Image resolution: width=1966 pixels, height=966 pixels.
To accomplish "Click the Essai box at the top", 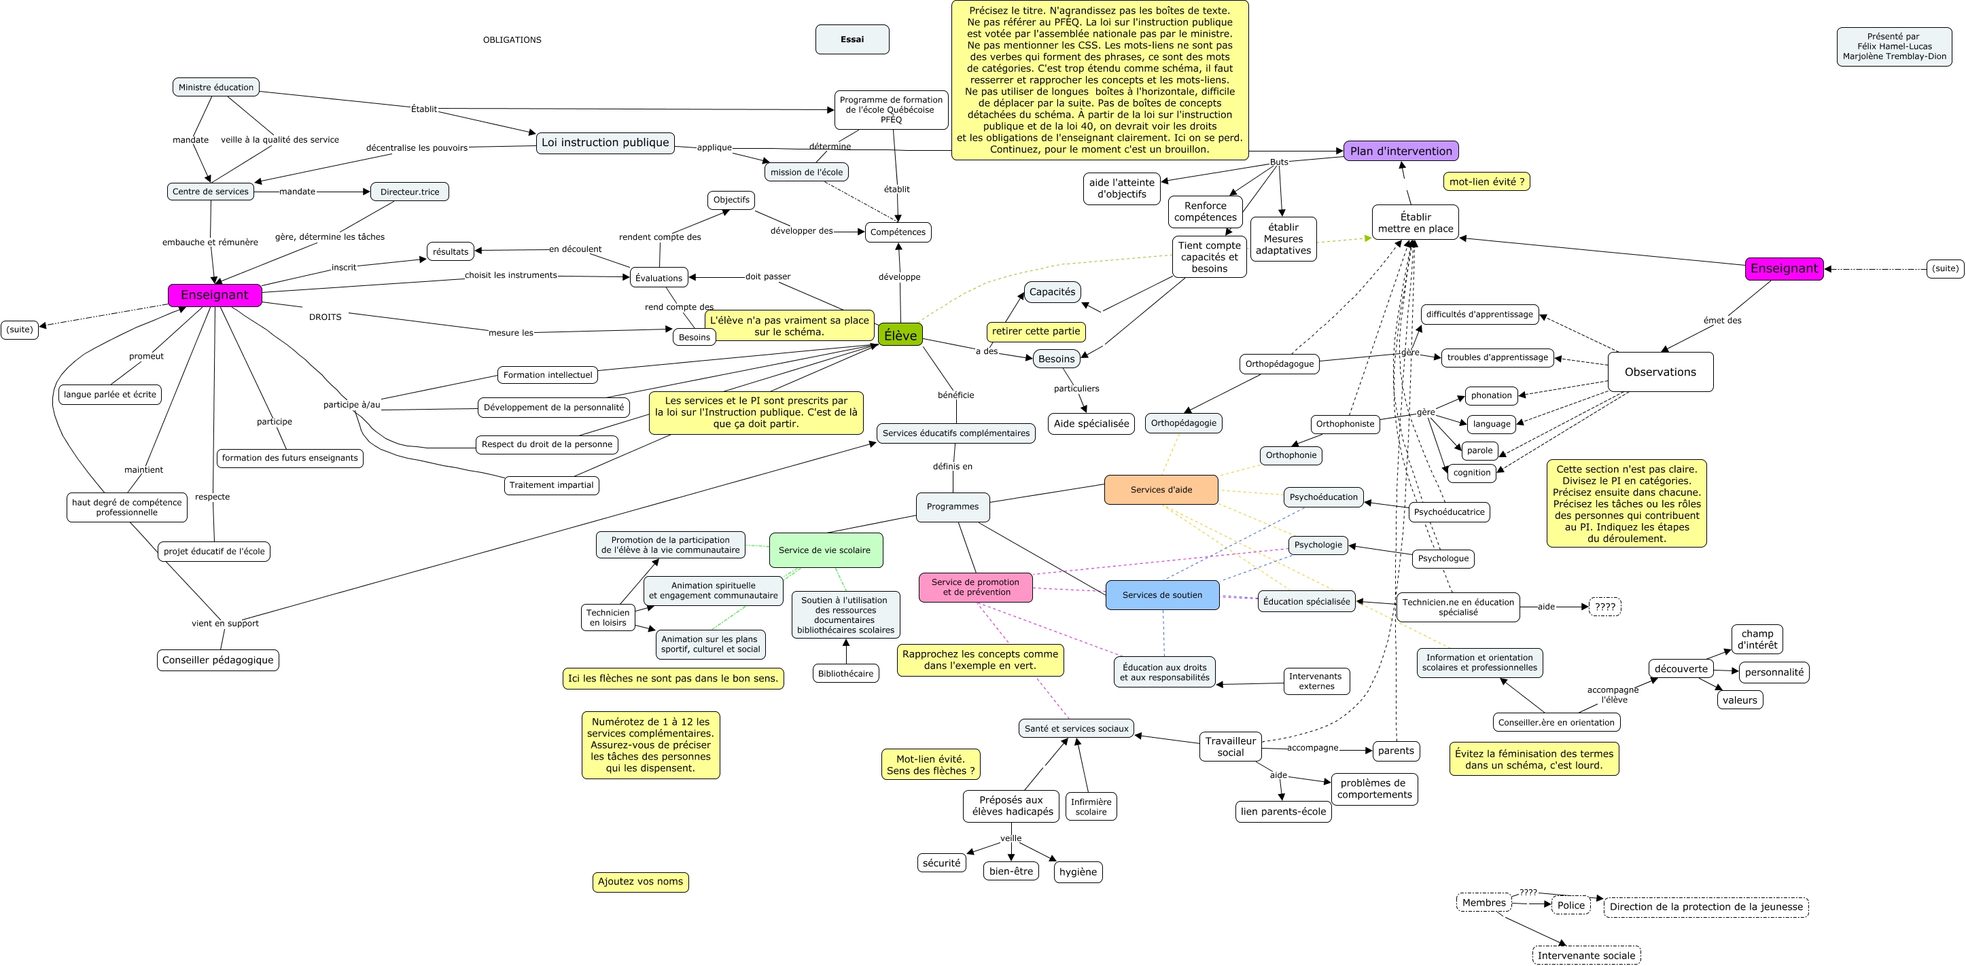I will click(852, 39).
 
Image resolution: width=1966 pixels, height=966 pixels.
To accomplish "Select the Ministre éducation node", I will click(216, 87).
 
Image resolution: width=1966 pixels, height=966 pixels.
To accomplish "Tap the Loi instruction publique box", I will click(605, 143).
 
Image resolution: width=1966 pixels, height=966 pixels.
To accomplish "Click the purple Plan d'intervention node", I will click(1401, 151).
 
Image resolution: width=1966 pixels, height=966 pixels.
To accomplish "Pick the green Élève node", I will click(900, 335).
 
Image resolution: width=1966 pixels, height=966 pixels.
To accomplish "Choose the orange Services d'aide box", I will click(1161, 490).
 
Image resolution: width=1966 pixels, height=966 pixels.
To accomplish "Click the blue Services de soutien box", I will click(1161, 595).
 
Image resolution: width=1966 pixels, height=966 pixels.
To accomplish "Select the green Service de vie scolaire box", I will click(825, 550).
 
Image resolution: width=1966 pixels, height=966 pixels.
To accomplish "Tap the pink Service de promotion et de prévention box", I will click(975, 587).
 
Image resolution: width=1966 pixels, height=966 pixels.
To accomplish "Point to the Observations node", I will click(1660, 372).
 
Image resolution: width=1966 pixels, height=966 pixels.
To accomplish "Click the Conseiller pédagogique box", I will click(217, 660).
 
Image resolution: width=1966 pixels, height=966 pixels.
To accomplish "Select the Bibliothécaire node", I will click(845, 674).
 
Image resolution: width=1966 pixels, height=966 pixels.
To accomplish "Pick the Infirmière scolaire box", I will click(1091, 806).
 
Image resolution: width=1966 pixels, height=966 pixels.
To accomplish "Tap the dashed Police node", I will click(1570, 906).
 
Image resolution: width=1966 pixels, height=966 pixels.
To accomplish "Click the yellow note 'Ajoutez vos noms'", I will click(640, 882).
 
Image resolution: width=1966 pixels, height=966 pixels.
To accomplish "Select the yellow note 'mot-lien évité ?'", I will click(1486, 181).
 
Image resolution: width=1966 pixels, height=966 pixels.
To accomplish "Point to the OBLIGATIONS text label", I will click(512, 39).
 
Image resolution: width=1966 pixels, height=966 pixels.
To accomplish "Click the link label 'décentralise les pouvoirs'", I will click(417, 148).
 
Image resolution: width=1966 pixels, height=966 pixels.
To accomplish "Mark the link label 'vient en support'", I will click(225, 624).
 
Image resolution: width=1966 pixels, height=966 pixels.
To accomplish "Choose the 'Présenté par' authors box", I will click(1894, 47).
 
